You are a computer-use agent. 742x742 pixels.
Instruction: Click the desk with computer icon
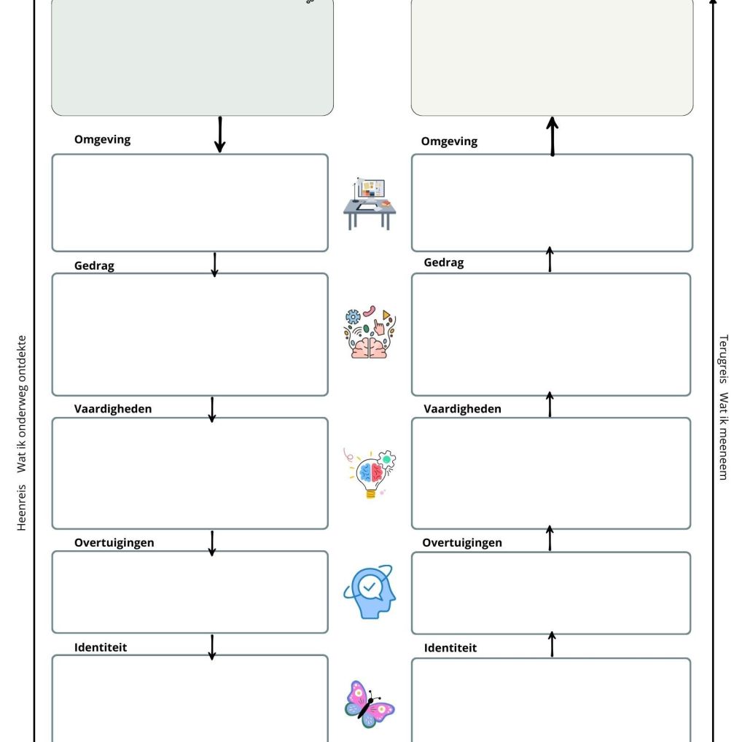point(370,203)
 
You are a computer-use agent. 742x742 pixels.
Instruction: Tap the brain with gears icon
point(370,332)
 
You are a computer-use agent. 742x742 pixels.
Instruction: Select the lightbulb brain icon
point(370,473)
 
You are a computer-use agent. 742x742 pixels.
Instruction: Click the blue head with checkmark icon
point(370,591)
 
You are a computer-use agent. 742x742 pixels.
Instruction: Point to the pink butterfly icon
point(370,704)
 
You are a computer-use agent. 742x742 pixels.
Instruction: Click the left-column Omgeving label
point(102,139)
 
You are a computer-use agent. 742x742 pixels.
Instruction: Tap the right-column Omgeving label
point(449,141)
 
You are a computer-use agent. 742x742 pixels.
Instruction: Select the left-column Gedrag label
point(94,266)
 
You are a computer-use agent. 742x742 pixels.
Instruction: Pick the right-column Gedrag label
point(443,262)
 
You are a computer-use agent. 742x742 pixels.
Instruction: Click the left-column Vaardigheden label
point(113,409)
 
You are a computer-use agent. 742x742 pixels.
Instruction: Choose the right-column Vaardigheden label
point(462,409)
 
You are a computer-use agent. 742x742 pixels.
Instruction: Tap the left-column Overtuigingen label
point(114,543)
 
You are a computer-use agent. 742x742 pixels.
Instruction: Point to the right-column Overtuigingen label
point(462,543)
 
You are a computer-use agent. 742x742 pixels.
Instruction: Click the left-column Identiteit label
point(101,647)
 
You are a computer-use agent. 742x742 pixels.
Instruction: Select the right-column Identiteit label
point(450,648)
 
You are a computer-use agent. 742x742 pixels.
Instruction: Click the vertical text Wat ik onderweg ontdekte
point(22,404)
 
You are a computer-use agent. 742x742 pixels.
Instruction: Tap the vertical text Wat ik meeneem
point(723,437)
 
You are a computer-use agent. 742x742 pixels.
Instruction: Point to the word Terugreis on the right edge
point(723,359)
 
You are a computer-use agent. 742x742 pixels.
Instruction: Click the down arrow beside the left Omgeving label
point(219,135)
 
